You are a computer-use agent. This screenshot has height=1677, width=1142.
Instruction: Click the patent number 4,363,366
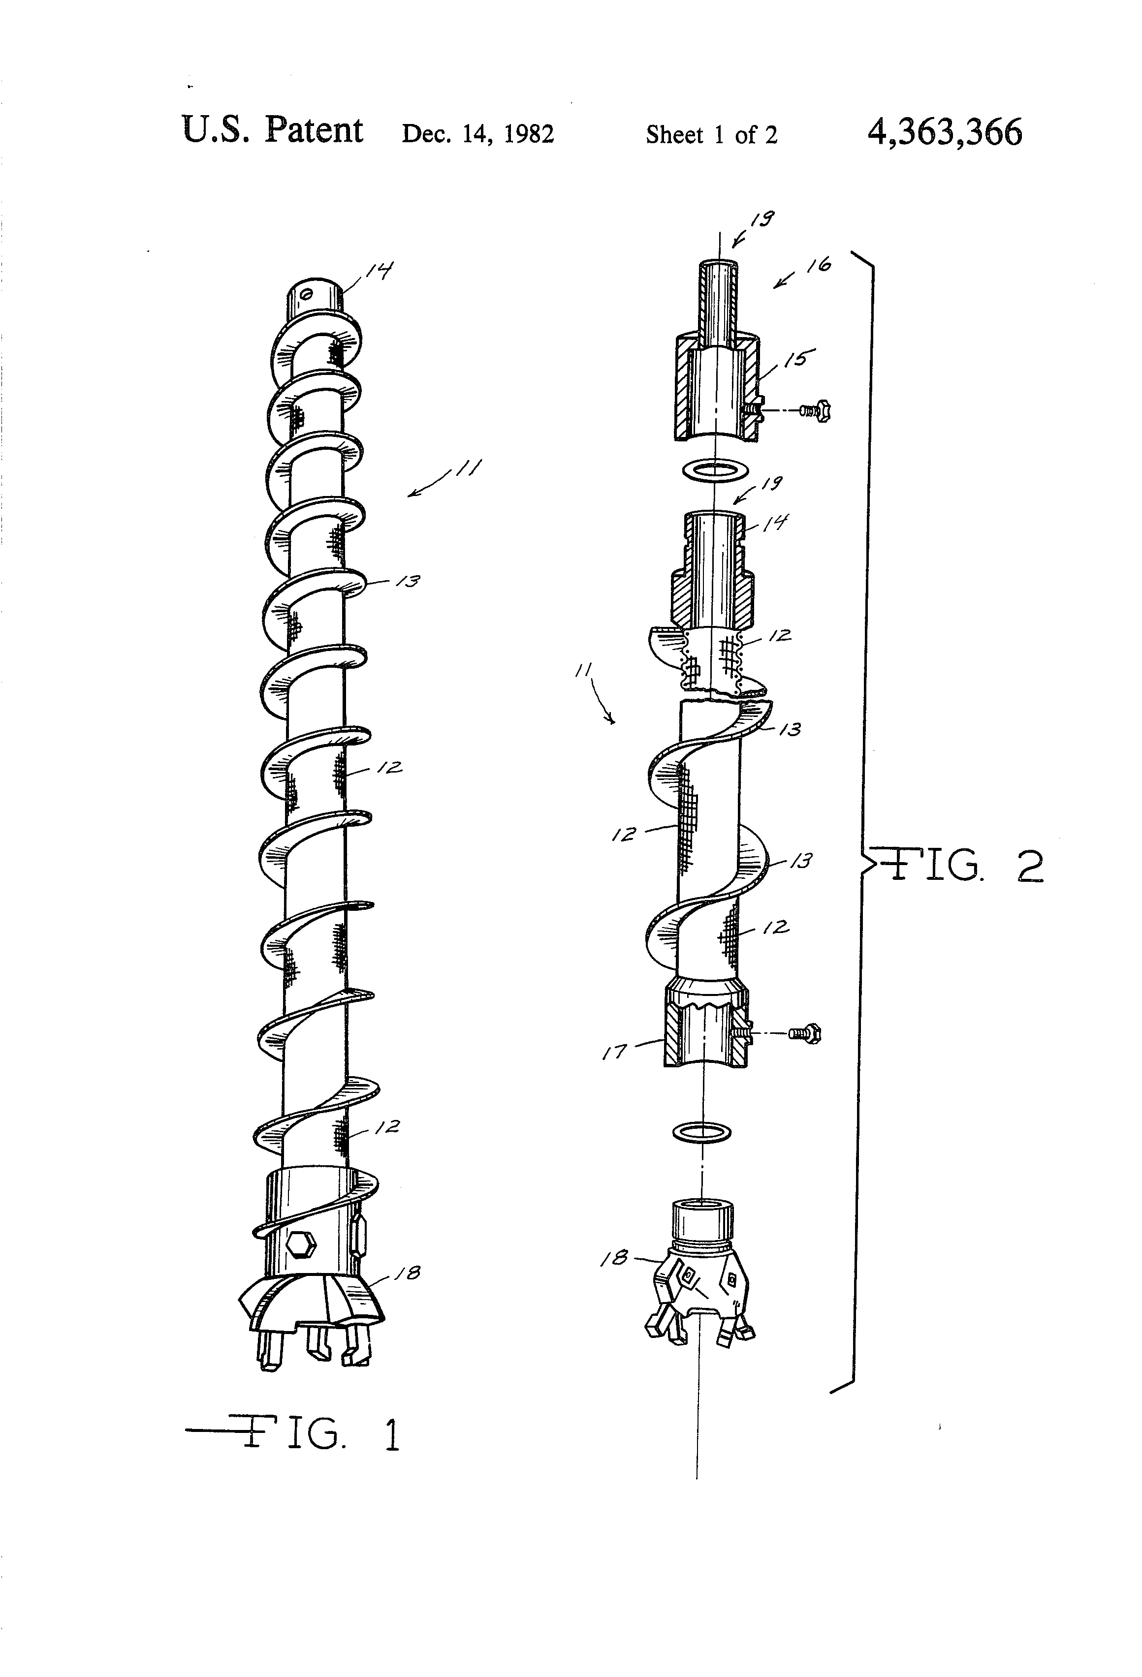coord(944,133)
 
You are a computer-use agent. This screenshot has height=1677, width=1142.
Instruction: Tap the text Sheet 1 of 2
coord(711,135)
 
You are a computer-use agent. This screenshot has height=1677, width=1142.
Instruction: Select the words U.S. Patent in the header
coord(272,130)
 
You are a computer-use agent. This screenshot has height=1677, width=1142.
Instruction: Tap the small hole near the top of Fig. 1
coord(306,294)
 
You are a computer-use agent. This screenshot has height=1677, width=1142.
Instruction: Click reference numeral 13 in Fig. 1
coord(408,581)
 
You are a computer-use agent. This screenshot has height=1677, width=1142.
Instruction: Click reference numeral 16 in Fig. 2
coord(819,266)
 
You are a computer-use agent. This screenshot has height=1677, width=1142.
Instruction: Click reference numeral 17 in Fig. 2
coord(614,1053)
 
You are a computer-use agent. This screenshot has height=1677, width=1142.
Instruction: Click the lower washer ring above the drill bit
coord(701,1132)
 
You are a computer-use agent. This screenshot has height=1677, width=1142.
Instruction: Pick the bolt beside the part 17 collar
coord(805,1033)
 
